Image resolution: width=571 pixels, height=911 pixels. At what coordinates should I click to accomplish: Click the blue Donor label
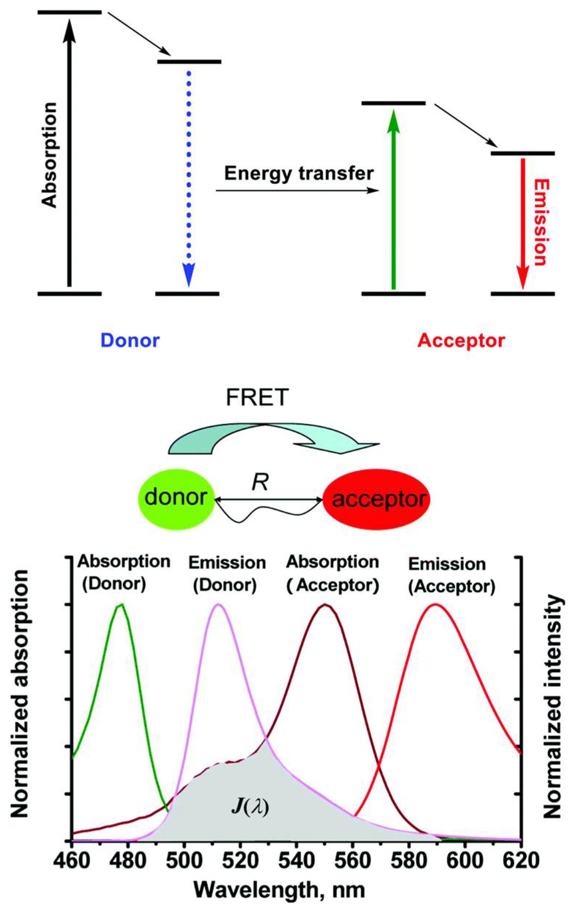[130, 340]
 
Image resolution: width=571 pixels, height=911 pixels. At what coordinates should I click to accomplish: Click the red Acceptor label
[461, 341]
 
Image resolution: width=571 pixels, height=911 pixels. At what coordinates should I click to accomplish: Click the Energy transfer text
[299, 173]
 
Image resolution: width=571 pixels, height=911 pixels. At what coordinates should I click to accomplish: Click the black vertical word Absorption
[50, 155]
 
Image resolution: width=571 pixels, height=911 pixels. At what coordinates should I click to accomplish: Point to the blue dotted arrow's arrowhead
[189, 274]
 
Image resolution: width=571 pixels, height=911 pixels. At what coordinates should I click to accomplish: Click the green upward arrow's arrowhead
[393, 121]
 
